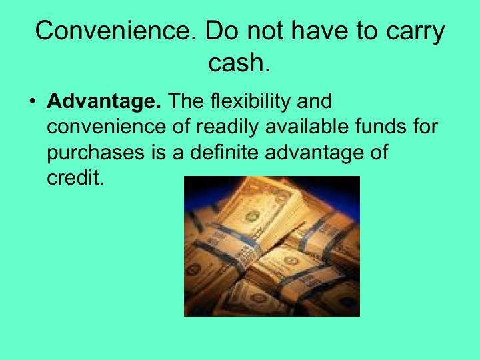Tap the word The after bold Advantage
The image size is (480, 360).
pyautogui.click(x=187, y=103)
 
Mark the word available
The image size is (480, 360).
pyautogui.click(x=273, y=127)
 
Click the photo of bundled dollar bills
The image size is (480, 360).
pyautogui.click(x=271, y=246)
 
